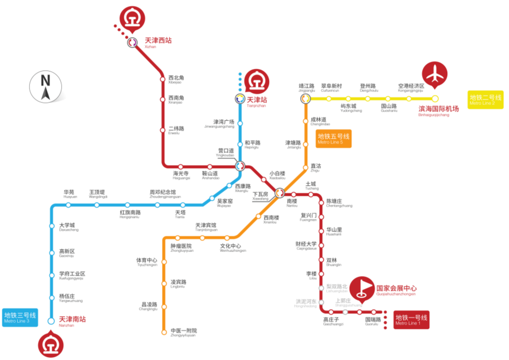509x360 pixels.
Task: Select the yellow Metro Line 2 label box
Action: pyautogui.click(x=485, y=99)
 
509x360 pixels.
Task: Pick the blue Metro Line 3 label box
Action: pyautogui.click(x=20, y=318)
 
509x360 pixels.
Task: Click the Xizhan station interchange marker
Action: pyautogui.click(x=132, y=43)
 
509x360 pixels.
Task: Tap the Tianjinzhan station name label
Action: pyautogui.click(x=257, y=102)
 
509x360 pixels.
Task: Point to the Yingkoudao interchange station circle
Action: pyautogui.click(x=240, y=166)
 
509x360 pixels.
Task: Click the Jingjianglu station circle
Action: pyautogui.click(x=305, y=98)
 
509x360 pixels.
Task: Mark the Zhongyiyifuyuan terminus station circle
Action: pyautogui.click(x=164, y=332)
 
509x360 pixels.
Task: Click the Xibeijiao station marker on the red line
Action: pyautogui.click(x=163, y=79)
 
